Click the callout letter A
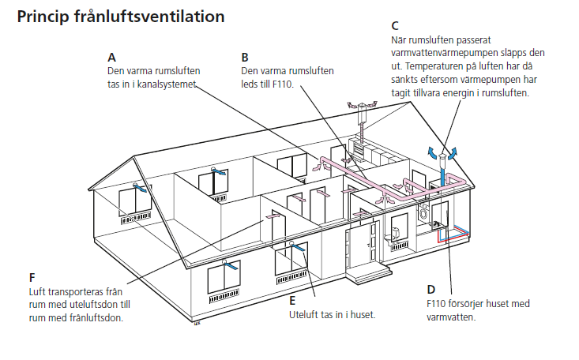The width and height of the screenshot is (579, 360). (x=111, y=58)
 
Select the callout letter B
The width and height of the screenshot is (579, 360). (x=245, y=58)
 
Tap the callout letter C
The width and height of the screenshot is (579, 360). (x=395, y=26)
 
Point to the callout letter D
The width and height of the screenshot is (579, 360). (x=431, y=290)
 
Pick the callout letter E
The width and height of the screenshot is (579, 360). (x=292, y=301)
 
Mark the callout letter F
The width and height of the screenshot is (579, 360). (x=32, y=277)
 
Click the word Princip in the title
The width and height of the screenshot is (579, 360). (x=43, y=17)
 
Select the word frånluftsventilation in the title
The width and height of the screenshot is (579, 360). (x=149, y=17)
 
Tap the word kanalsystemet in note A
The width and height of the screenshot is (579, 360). (x=166, y=84)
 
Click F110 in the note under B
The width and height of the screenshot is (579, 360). (x=283, y=84)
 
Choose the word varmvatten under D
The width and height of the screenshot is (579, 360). (x=451, y=317)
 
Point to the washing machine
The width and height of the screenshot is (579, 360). (x=423, y=213)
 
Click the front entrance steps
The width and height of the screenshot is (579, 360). (x=369, y=274)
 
